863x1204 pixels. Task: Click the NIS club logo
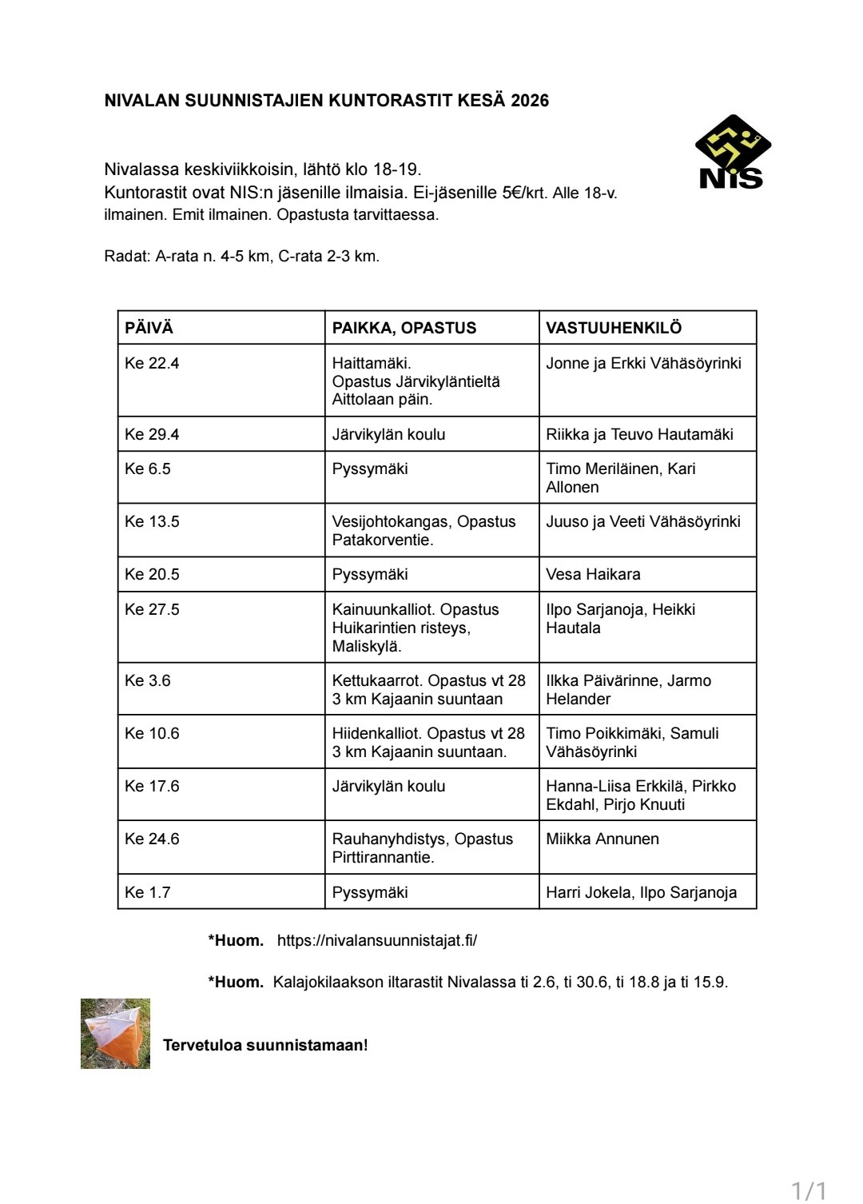[x=732, y=152]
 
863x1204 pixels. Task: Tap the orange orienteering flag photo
[x=115, y=1033]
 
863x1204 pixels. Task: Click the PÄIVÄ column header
[x=149, y=328]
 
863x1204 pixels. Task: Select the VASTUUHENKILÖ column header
[x=613, y=328]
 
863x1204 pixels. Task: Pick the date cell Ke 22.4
[x=152, y=363]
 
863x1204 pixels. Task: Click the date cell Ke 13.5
[x=152, y=521]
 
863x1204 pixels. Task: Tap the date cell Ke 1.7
[x=148, y=892]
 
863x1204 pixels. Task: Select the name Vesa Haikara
[x=593, y=574]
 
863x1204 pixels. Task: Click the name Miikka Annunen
[x=603, y=839]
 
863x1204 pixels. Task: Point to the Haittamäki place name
[x=372, y=363]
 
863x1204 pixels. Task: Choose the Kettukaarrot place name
[x=376, y=680]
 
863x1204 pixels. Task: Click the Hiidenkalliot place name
[x=376, y=733]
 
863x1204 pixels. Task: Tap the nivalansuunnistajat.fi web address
[x=377, y=940]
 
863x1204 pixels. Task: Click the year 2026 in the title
[x=530, y=101]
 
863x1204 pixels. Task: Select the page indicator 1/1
[x=809, y=1190]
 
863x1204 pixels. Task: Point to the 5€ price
[x=511, y=193]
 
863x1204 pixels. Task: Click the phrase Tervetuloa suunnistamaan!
[x=265, y=1045]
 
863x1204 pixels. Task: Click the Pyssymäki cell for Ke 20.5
[x=370, y=574]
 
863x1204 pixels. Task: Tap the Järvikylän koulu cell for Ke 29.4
[x=388, y=434]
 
